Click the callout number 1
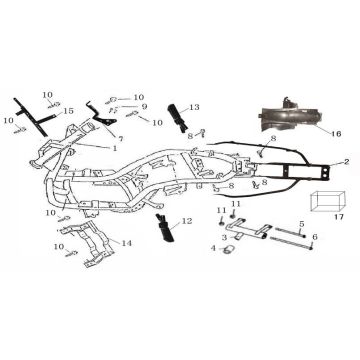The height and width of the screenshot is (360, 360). click(115, 148)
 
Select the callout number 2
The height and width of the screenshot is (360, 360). click(347, 162)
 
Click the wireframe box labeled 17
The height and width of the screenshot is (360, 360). click(327, 201)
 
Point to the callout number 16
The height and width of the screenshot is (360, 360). click(336, 134)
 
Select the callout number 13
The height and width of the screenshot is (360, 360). click(194, 107)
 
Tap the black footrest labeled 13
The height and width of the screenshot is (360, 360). click(177, 118)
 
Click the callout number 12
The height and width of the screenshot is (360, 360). click(188, 221)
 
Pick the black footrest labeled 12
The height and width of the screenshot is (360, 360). click(165, 228)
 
